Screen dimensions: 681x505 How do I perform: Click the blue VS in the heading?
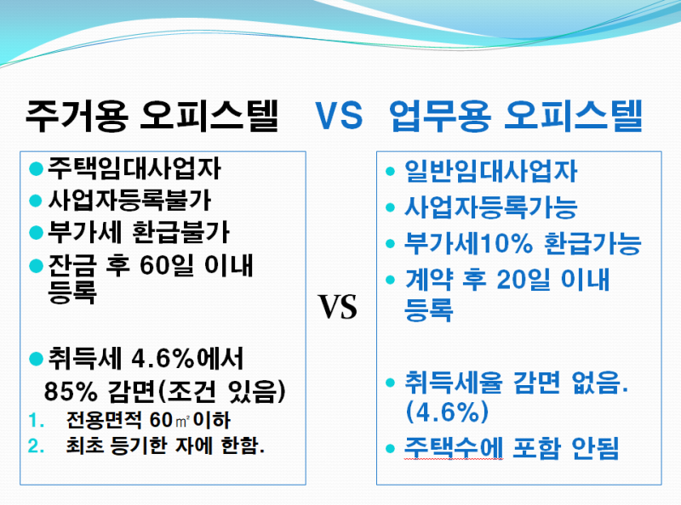pos(339,115)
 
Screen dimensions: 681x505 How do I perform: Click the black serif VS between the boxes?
pos(337,307)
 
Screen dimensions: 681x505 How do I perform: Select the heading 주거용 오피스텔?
pos(152,116)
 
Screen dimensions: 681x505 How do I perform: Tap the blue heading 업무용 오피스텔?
pos(516,116)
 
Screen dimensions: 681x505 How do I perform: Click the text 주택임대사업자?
pos(134,168)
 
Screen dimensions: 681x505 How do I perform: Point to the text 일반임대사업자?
pos(491,171)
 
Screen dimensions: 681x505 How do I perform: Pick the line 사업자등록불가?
pos(129,200)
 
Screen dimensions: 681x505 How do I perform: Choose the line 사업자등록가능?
pos(491,207)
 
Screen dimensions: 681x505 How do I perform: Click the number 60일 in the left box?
pos(167,264)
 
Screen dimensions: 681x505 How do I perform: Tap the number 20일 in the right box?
pos(524,279)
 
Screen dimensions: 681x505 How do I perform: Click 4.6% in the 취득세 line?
pos(163,360)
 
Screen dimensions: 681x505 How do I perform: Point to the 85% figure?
pos(71,391)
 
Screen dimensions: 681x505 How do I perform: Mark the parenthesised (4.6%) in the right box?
pos(446,411)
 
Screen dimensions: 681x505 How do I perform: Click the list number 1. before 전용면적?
pos(37,420)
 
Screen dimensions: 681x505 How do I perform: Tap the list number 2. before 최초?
pos(37,446)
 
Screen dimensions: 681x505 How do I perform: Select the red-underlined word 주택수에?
pos(454,448)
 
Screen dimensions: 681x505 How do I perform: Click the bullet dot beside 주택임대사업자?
pos(36,168)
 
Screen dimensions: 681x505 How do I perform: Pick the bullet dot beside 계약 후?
pos(390,280)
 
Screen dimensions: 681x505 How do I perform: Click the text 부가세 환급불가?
pos(139,232)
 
